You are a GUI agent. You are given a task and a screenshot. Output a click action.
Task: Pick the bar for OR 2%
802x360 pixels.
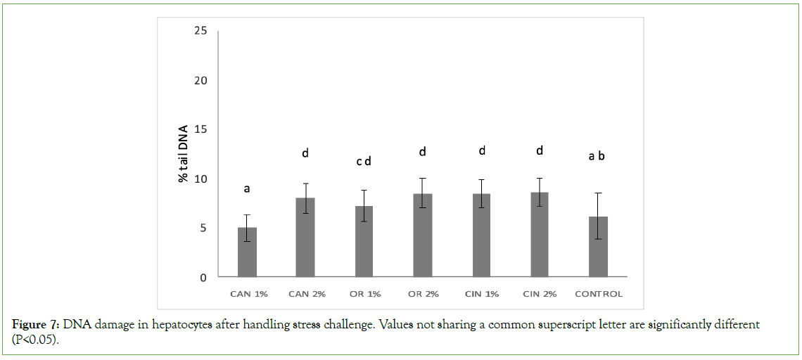[x=423, y=235]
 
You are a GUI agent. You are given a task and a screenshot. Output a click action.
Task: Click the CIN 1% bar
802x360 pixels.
[x=481, y=235]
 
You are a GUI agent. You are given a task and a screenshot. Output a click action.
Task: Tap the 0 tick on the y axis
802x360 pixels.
[x=203, y=278]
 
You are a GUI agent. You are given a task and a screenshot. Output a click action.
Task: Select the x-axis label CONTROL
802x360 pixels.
[x=598, y=294]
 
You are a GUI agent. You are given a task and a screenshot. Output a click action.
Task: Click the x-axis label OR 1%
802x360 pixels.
[x=364, y=294]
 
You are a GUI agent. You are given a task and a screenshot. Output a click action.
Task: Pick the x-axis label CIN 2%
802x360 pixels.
[x=540, y=294]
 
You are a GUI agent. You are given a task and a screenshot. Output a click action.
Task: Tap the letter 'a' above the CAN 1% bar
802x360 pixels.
[x=247, y=188]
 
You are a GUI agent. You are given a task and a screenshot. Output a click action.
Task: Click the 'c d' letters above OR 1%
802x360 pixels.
[x=364, y=162]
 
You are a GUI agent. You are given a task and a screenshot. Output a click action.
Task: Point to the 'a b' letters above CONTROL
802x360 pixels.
[x=597, y=156]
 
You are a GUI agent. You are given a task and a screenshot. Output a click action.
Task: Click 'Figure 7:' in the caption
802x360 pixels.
[x=36, y=325]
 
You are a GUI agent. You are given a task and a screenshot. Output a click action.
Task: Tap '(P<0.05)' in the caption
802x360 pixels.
[x=34, y=338]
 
